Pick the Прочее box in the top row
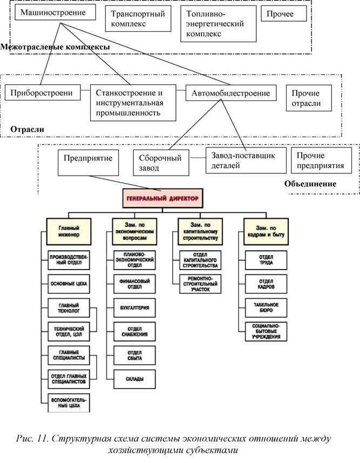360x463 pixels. (x=281, y=15)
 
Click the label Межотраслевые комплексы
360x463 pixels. (x=56, y=48)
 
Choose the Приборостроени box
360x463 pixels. (x=42, y=93)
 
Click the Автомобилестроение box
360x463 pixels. (x=231, y=93)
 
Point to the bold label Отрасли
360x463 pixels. (x=27, y=129)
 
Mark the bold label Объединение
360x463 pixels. (x=310, y=184)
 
